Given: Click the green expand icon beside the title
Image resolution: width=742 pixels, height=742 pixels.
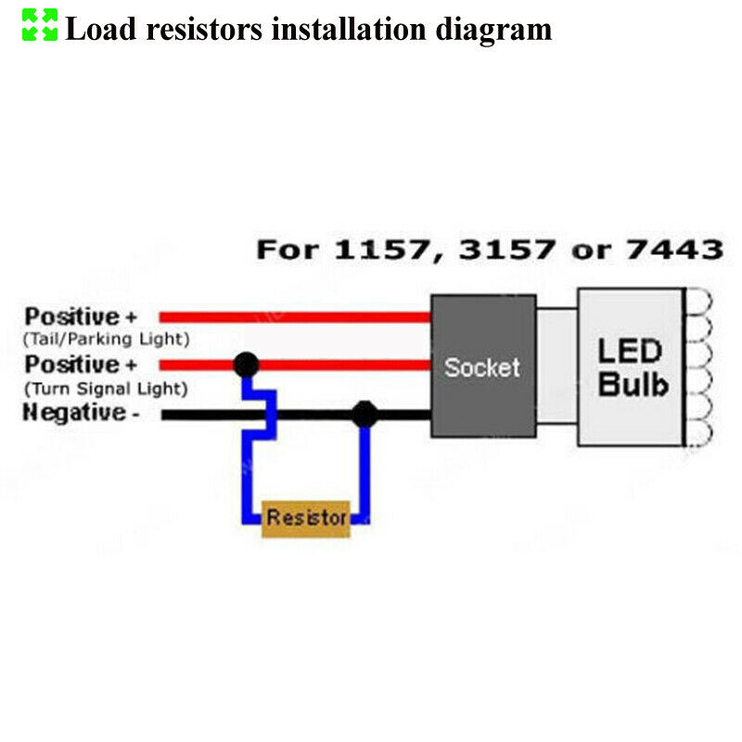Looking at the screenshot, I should [x=40, y=25].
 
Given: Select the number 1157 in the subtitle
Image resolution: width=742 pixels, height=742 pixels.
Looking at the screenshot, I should [x=371, y=249].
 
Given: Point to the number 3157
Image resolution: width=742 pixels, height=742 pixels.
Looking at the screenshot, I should [x=507, y=249].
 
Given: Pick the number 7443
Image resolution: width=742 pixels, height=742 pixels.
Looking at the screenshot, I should [x=676, y=249].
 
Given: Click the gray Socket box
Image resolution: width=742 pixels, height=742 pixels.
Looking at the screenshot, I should [x=482, y=365].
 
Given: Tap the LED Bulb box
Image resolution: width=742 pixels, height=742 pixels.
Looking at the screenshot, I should [x=631, y=366].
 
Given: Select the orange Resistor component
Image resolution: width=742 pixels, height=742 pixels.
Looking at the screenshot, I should [x=306, y=518].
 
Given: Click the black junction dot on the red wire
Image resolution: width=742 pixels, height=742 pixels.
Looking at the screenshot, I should [x=246, y=364].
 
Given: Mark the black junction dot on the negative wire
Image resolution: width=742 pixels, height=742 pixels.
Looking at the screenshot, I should [x=365, y=414].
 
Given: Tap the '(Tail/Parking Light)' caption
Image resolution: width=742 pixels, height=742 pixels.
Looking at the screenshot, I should [x=107, y=339].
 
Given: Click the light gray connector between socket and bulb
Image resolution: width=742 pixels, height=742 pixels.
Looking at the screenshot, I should [x=556, y=365].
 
